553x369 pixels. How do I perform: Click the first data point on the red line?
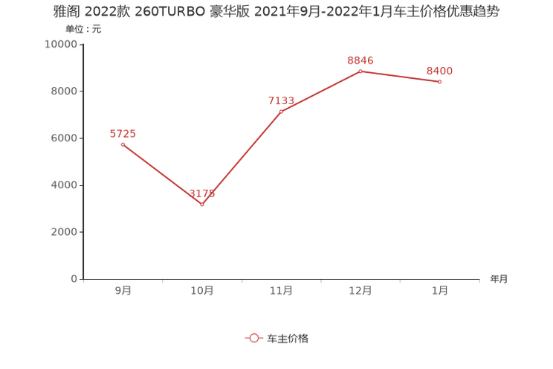(123, 144)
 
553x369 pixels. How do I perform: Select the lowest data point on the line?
(202, 205)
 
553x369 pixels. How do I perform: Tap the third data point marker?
(281, 112)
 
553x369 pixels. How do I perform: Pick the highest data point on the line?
(360, 71)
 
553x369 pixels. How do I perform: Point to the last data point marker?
(440, 81)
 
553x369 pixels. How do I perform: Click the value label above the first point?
(123, 134)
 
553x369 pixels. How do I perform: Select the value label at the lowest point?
(202, 195)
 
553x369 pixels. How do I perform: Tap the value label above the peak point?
(360, 60)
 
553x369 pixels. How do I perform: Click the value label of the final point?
(440, 71)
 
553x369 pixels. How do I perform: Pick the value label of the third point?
(281, 101)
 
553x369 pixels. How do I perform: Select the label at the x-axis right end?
(499, 280)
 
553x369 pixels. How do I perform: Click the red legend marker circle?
(253, 338)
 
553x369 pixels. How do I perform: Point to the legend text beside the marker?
(288, 338)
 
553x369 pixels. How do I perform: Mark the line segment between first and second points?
(162, 174)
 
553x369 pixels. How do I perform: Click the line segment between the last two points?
(400, 76)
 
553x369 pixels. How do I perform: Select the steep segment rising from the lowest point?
(242, 158)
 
